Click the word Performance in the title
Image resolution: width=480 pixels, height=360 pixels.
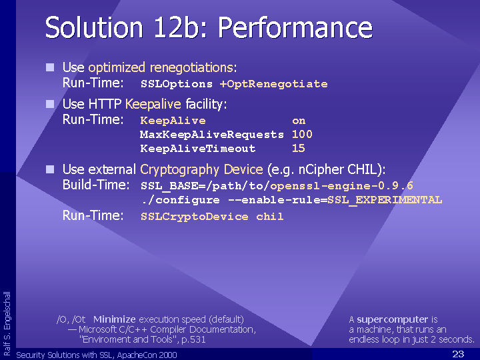[x=295, y=27]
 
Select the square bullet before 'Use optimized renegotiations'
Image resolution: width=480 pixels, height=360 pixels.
[x=50, y=67]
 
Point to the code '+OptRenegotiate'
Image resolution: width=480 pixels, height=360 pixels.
[x=274, y=84]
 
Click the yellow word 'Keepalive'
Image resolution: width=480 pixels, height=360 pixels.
[x=153, y=105]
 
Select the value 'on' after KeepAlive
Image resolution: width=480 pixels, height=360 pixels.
[x=299, y=121]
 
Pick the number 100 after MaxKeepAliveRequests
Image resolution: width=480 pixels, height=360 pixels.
[x=302, y=135]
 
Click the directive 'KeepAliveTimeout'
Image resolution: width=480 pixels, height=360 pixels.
[x=198, y=149]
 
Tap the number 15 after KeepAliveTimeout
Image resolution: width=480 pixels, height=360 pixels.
[x=299, y=149]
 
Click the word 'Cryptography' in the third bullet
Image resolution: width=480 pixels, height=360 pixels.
[x=180, y=169]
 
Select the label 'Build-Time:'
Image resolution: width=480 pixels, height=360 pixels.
[x=96, y=185]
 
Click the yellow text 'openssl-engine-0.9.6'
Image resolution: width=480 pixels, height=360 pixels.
[x=341, y=186]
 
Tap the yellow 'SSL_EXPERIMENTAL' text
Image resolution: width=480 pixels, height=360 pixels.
[x=385, y=200]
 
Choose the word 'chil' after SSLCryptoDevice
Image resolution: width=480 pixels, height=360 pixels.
[x=270, y=217]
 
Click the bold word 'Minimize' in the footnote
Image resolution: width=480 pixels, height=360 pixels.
[x=115, y=319]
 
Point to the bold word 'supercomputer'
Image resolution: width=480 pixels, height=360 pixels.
[x=393, y=320]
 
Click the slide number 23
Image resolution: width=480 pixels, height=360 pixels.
[x=458, y=354]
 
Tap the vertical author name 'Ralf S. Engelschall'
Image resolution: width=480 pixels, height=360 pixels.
[x=7, y=323]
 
